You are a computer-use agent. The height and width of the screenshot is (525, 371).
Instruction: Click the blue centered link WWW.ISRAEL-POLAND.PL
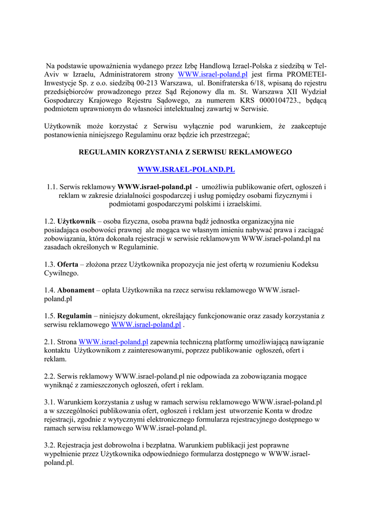pyautogui.click(x=186, y=169)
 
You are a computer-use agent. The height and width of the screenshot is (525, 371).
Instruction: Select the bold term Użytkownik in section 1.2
pyautogui.click(x=76, y=221)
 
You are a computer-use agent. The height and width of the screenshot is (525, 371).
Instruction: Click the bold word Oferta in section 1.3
pyautogui.click(x=68, y=265)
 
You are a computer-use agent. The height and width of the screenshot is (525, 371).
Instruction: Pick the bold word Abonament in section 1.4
pyautogui.click(x=76, y=290)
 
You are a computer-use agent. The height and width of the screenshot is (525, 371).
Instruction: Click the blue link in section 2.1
pyautogui.click(x=113, y=342)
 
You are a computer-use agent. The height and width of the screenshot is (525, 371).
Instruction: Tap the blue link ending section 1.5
pyautogui.click(x=146, y=325)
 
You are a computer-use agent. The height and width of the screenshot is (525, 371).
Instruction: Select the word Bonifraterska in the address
pyautogui.click(x=224, y=83)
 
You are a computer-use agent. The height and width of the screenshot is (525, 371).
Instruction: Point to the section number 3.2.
pyautogui.click(x=50, y=446)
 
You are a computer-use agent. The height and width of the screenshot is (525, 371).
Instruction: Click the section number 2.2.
pyautogui.click(x=50, y=376)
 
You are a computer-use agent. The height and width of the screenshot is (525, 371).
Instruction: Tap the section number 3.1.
pyautogui.click(x=50, y=402)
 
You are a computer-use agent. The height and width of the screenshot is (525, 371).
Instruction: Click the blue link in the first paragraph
pyautogui.click(x=212, y=74)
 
